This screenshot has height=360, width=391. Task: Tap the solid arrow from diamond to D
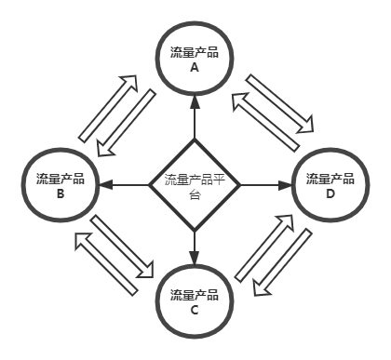click(269, 185)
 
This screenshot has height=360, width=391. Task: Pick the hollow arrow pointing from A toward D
click(278, 102)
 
